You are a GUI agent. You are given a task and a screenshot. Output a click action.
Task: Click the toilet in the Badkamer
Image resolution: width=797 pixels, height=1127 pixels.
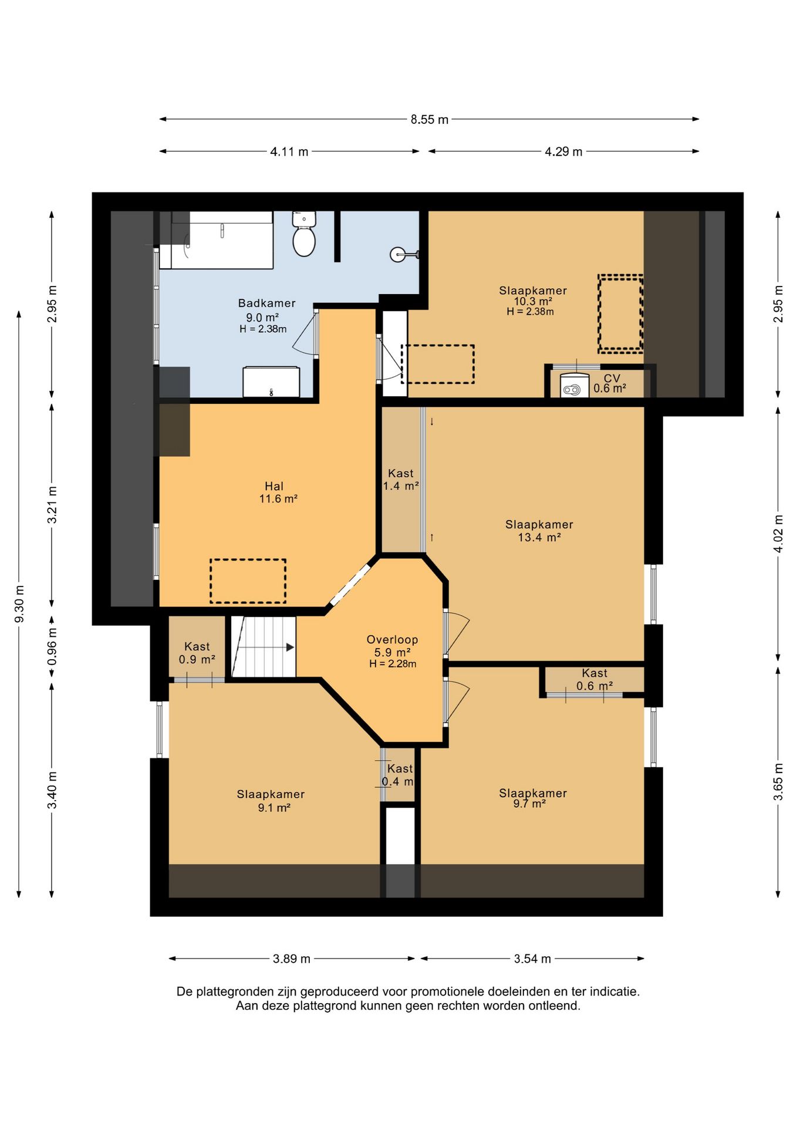click(304, 234)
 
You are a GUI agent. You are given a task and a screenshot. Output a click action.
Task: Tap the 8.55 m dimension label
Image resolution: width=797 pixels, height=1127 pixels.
click(429, 120)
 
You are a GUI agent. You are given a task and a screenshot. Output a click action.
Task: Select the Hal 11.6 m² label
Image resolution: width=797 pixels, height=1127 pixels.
click(278, 492)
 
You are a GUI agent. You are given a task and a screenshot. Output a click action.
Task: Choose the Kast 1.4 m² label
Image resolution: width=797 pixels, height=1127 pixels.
click(401, 480)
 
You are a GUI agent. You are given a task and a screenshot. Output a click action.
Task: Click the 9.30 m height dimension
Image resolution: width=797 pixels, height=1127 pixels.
click(19, 604)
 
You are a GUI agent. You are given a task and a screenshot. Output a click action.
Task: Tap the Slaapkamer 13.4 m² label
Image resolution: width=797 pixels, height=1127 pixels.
click(539, 531)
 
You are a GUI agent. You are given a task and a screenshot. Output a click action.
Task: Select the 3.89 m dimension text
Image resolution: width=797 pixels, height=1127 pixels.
click(291, 959)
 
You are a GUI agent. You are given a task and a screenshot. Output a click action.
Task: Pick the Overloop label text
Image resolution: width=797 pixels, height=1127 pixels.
click(392, 639)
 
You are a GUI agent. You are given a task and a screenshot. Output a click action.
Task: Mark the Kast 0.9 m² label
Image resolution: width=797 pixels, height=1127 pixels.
click(197, 653)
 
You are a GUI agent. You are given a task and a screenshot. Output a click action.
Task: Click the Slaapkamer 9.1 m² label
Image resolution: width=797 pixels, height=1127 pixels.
click(271, 801)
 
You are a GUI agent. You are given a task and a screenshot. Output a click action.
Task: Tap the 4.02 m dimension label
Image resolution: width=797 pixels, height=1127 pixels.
click(778, 534)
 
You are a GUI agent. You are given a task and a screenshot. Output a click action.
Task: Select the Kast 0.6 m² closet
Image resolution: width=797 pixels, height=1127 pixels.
click(595, 681)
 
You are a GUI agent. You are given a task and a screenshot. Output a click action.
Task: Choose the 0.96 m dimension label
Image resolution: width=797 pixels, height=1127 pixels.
click(52, 646)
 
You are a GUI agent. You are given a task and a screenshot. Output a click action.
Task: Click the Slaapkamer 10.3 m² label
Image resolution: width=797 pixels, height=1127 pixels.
click(532, 301)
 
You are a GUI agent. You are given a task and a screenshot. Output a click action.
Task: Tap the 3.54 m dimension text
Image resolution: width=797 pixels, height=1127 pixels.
click(532, 959)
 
